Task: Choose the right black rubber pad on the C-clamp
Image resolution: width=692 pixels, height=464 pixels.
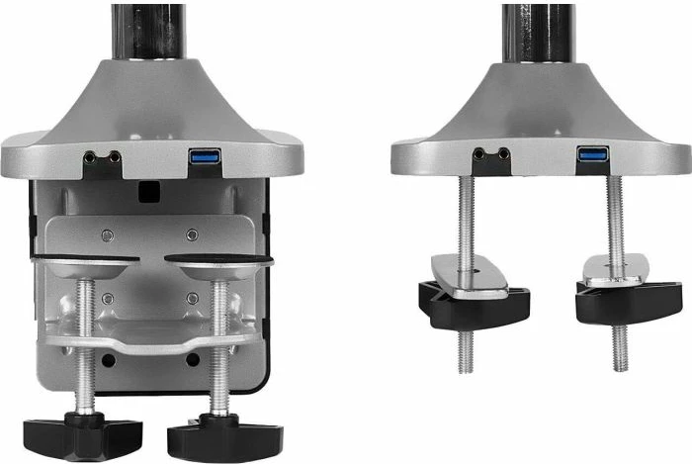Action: (217, 261)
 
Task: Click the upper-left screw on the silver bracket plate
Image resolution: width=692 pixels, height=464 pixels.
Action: (107, 234)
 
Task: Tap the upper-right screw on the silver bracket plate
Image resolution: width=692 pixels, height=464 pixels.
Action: (192, 234)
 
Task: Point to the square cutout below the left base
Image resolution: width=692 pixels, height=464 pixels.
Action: (150, 186)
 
